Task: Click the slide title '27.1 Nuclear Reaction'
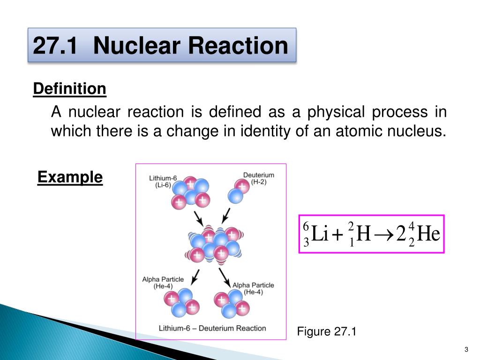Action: click(x=160, y=46)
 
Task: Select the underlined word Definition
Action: click(x=70, y=89)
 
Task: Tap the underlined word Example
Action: click(x=70, y=177)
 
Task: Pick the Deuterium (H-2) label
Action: click(x=258, y=179)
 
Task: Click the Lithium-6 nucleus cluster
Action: click(x=189, y=193)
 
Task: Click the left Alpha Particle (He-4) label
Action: click(x=163, y=283)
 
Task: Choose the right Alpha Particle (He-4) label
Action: click(x=253, y=288)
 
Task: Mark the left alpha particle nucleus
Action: click(x=180, y=302)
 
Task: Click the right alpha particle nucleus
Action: click(x=231, y=304)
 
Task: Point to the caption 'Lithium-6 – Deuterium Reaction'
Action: click(x=212, y=328)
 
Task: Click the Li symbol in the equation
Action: click(x=320, y=234)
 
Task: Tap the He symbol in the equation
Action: click(x=428, y=234)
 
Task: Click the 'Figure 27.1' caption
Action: click(x=327, y=332)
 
